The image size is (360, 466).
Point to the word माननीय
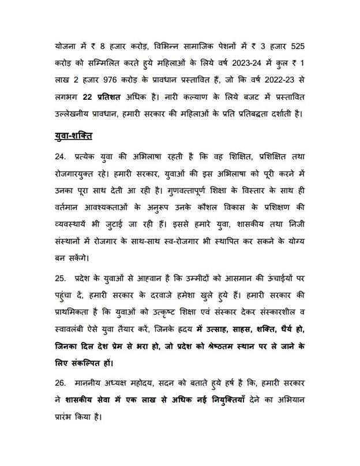click(x=90, y=382)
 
